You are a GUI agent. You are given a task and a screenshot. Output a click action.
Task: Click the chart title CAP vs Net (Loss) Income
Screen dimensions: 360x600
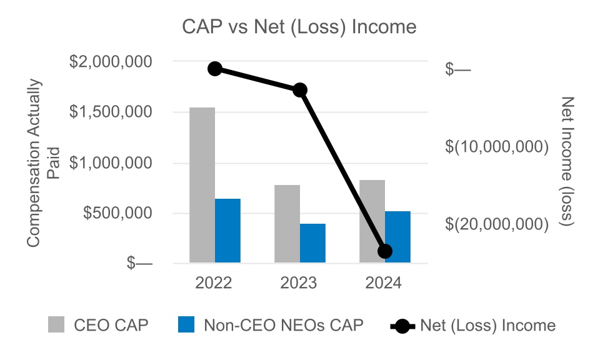[x=299, y=27]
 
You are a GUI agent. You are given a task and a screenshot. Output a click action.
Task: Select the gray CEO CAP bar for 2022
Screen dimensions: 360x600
[x=202, y=185]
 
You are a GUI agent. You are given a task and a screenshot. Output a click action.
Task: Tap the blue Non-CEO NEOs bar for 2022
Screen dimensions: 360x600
[x=227, y=231]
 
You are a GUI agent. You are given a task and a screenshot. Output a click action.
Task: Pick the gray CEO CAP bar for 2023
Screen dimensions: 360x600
[x=287, y=224]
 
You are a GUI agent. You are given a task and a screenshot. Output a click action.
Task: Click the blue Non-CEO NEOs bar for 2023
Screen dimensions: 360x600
[x=312, y=243]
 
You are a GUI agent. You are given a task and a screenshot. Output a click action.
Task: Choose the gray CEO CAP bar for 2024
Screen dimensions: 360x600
[x=372, y=221]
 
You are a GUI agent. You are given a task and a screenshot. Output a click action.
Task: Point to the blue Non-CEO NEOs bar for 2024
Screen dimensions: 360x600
[x=397, y=237]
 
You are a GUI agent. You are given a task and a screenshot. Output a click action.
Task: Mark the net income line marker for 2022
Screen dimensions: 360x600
[x=215, y=69]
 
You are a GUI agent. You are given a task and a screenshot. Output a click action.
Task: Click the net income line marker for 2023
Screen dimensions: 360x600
[x=300, y=90]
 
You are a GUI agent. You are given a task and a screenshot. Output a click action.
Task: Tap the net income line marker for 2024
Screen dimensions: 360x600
[x=385, y=251]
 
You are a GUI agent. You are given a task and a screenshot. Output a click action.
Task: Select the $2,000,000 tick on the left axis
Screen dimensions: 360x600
[x=110, y=62]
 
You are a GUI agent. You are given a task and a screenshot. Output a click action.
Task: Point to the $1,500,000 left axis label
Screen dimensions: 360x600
[x=110, y=112]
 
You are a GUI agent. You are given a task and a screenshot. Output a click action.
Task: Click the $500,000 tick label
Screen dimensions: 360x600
[x=119, y=213]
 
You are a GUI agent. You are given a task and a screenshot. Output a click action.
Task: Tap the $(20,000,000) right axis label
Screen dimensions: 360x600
[x=497, y=224]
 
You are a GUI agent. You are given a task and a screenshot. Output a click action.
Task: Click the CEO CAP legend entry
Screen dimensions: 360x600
[x=99, y=325]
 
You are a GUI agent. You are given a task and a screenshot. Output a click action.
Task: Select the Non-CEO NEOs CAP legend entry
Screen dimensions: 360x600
[x=270, y=325]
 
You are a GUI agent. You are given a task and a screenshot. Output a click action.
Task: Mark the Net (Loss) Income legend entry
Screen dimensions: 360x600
[x=472, y=325]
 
